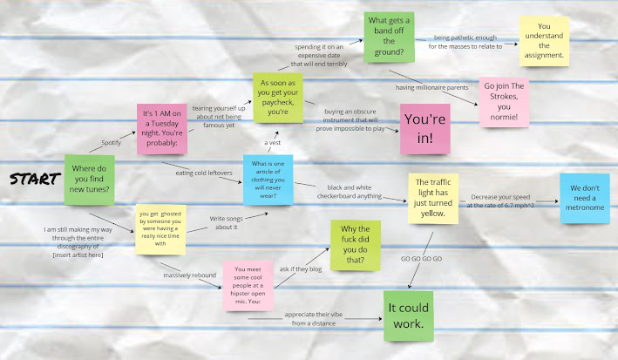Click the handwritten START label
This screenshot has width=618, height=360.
point(32,180)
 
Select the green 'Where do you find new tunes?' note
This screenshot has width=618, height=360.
point(89,180)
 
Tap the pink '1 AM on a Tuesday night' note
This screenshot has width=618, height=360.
point(162,128)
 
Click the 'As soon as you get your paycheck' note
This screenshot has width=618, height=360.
point(277,97)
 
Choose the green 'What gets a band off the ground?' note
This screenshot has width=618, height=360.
point(388,37)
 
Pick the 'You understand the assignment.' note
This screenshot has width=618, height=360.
point(544,42)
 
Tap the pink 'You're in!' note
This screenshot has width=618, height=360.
point(424,128)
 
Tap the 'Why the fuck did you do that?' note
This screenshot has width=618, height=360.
point(355,246)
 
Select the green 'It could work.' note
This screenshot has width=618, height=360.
point(409,315)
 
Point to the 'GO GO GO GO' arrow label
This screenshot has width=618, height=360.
point(420,260)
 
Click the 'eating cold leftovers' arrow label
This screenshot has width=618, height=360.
point(204,173)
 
